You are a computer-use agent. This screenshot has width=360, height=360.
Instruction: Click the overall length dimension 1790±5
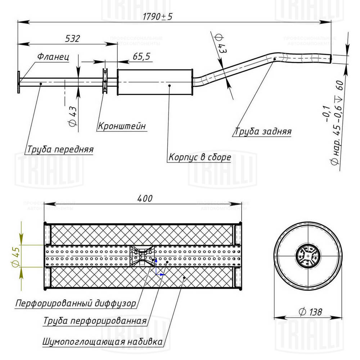point(157,17)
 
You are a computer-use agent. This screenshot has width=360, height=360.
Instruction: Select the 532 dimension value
point(72,38)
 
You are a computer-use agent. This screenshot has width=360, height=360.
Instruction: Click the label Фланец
point(53,57)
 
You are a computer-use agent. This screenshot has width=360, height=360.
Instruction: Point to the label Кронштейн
point(122,126)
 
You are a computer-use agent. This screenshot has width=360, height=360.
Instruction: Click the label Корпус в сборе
point(199,157)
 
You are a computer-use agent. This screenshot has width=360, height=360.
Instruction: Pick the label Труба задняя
point(263,131)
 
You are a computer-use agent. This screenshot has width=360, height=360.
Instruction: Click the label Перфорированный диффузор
point(76,303)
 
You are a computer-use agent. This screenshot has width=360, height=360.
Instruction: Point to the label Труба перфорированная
point(95,321)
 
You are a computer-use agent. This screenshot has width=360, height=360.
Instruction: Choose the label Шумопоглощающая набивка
point(102,341)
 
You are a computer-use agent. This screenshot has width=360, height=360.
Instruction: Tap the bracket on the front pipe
point(105,81)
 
